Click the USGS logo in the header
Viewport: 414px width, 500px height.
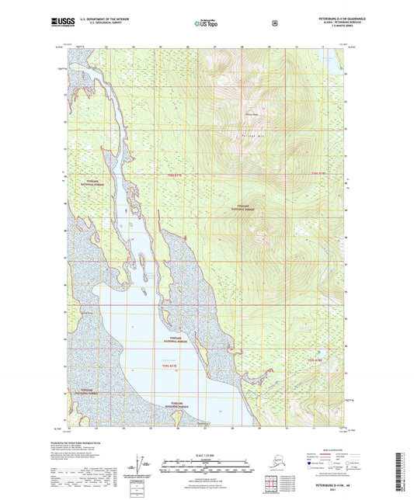pyautogui.click(x=59, y=23)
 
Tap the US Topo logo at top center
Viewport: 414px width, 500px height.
pyautogui.click(x=207, y=23)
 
